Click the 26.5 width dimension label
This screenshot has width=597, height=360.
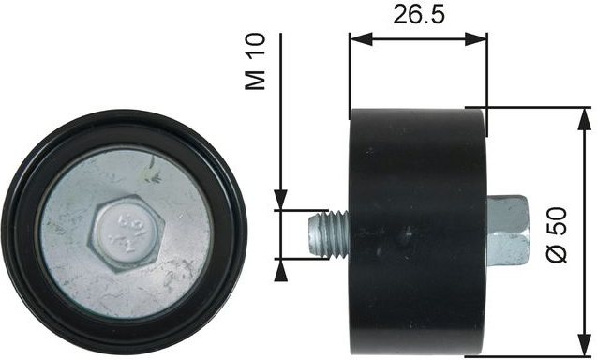[x=418, y=15]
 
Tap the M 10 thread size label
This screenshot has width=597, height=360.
[x=255, y=62]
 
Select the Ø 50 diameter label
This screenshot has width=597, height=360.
[x=558, y=234]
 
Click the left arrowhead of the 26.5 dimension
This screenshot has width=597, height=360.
[x=361, y=39]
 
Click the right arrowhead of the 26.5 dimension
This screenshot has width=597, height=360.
[x=476, y=39]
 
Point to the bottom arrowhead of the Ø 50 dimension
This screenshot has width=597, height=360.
[x=585, y=346]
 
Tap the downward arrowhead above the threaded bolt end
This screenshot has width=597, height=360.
[x=280, y=199]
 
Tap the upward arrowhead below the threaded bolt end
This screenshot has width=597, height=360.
[x=280, y=271]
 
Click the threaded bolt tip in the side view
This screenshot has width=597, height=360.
[x=328, y=235]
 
